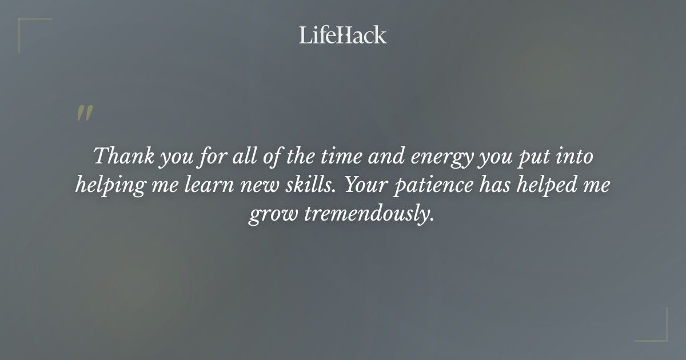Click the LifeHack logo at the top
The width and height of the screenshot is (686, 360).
click(x=343, y=35)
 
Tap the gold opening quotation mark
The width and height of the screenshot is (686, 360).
click(x=84, y=113)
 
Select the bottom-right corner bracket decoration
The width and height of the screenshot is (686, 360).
click(x=657, y=331)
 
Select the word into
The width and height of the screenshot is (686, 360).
click(x=573, y=156)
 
